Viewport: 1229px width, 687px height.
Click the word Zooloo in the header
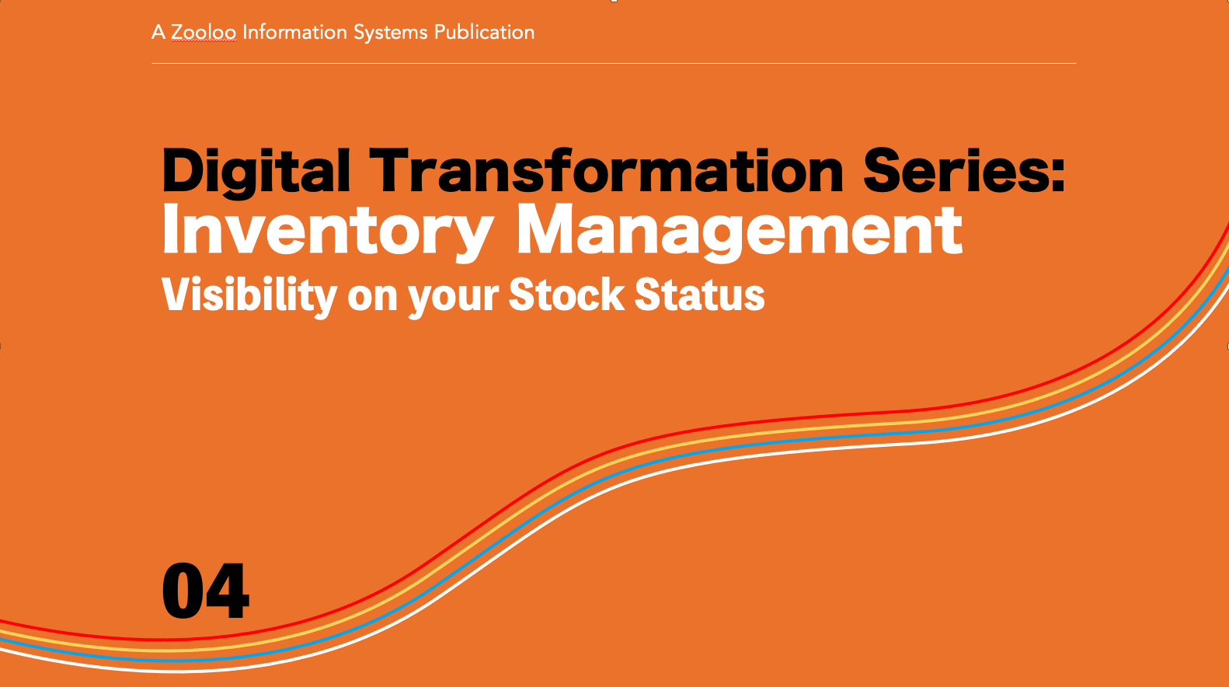(204, 32)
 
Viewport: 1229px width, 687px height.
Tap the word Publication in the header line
(484, 32)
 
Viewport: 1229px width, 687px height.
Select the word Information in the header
(294, 32)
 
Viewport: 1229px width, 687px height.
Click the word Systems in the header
(390, 33)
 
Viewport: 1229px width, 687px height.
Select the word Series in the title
(956, 170)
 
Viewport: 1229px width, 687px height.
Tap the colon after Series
(1057, 175)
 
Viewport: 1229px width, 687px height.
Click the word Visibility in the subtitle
(249, 296)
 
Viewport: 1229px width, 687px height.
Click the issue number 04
(206, 591)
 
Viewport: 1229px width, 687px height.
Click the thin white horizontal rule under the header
(614, 63)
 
